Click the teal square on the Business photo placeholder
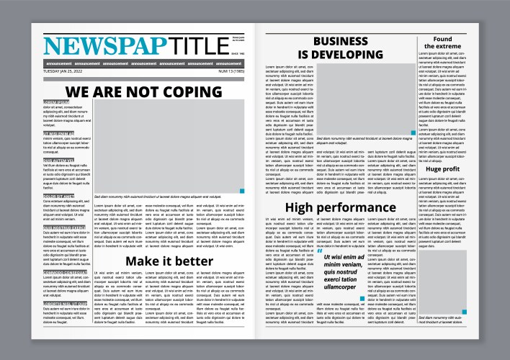pos(412,132)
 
